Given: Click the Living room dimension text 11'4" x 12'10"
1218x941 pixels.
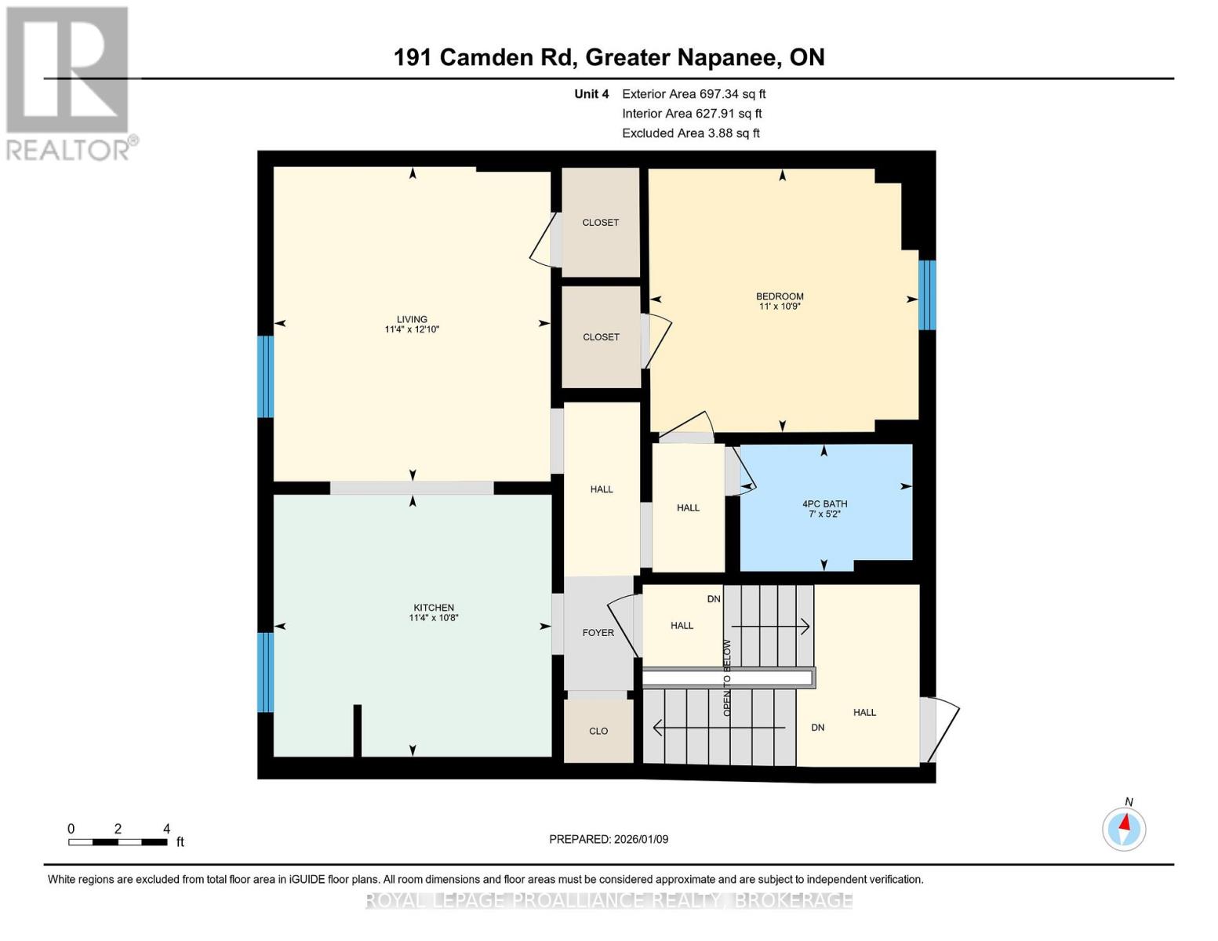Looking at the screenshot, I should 412,329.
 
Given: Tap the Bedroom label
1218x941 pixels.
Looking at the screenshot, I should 780,296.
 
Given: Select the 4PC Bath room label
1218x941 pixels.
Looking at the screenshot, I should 824,504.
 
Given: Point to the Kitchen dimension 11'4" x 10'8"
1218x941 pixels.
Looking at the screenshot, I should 434,618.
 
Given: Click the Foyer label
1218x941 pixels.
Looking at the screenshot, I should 598,633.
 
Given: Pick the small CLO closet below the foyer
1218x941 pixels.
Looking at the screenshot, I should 598,731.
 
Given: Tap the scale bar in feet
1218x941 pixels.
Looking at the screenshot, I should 118,842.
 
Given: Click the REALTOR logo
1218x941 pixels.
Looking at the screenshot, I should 69,82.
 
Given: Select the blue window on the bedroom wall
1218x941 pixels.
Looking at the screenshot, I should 927,295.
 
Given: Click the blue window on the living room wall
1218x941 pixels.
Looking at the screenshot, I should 266,376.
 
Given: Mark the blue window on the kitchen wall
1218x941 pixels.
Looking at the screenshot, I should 266,672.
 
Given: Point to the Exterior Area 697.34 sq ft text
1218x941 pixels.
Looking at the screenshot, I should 693,94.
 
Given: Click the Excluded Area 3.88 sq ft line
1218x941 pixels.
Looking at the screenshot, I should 690,133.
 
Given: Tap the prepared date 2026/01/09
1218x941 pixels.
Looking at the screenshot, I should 609,839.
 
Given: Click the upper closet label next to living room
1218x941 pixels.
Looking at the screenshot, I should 601,223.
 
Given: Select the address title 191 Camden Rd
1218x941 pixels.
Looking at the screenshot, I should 609,57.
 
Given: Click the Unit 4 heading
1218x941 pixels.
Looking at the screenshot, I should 591,94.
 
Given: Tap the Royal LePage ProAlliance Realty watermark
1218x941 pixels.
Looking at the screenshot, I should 609,900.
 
